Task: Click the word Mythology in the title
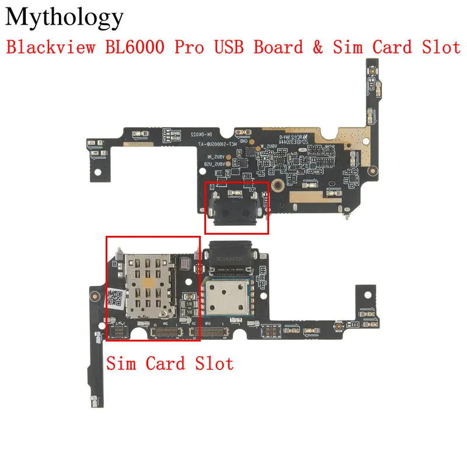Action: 65,19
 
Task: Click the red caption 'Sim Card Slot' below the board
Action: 169,364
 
